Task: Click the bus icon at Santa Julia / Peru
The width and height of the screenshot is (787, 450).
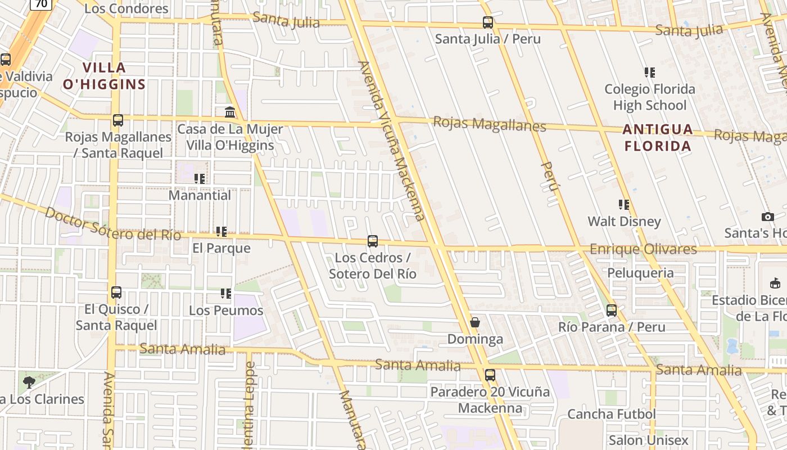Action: pos(487,22)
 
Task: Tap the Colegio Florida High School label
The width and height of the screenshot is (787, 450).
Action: pos(649,97)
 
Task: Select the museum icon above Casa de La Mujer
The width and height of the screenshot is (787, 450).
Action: pos(230,112)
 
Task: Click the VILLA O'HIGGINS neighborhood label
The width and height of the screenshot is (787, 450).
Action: pos(104,76)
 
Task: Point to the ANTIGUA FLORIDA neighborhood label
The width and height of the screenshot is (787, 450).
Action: pos(658,138)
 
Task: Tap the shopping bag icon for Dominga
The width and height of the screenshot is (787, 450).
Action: pos(475,322)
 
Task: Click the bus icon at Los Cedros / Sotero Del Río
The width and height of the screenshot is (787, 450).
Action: pos(372,241)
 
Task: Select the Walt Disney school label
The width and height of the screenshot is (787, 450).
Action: pos(624,221)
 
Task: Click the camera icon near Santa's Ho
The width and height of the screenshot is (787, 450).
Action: pos(767,217)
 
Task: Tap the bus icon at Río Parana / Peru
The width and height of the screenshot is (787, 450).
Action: pos(612,310)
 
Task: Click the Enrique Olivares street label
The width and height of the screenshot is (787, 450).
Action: pos(643,249)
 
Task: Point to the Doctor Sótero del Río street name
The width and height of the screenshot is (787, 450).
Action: pos(112,224)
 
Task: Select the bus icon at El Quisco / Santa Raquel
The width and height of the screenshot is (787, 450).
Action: pos(116,292)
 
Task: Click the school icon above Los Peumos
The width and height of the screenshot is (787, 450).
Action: pos(226,293)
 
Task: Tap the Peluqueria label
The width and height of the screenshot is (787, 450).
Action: pos(640,273)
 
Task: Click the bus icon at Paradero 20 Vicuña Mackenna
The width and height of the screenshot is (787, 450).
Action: pos(490,375)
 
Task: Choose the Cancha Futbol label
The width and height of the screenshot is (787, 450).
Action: pos(611,414)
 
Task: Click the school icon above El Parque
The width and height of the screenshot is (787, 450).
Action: pos(221,231)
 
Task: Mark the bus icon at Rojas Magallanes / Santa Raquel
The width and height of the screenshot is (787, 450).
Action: pos(118,120)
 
